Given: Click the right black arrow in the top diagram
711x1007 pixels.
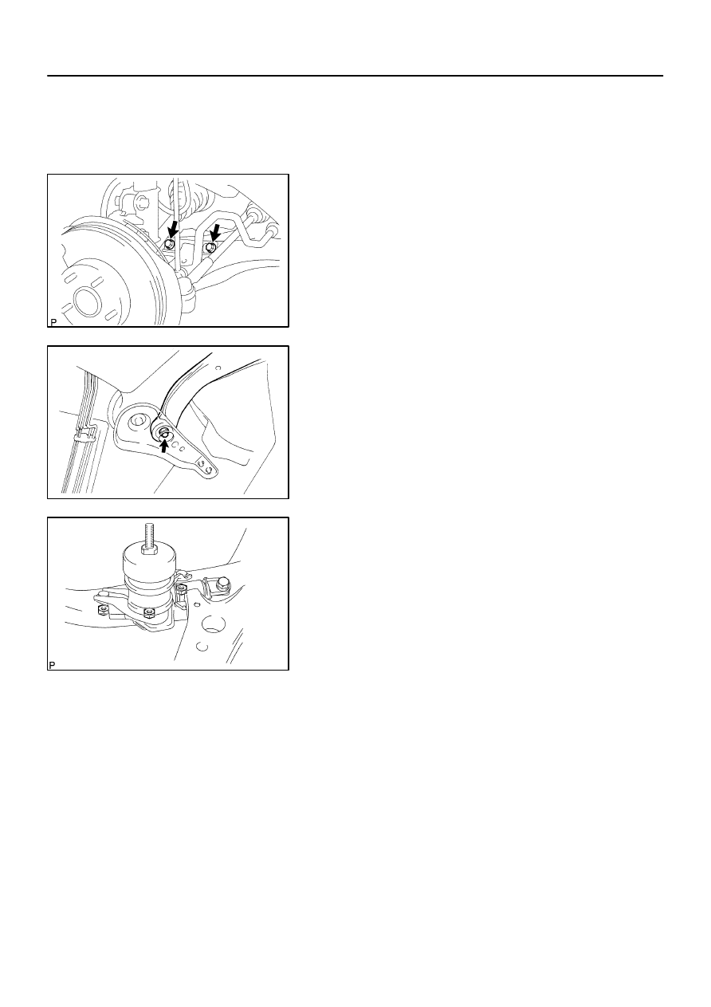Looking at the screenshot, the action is click(x=215, y=233).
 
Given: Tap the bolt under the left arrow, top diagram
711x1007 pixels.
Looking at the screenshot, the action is click(x=168, y=245).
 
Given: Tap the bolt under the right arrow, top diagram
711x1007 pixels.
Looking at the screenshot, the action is click(x=210, y=248).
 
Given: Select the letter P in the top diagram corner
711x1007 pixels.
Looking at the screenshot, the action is click(x=53, y=322).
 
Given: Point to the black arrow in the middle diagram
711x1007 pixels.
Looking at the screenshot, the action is click(x=164, y=446).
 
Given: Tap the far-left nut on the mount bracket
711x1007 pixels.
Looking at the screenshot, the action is click(x=103, y=608).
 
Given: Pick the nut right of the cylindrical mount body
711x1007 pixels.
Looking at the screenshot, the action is click(x=182, y=588).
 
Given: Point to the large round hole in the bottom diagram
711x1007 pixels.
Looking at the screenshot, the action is click(x=214, y=626).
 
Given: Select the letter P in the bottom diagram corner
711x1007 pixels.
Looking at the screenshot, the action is click(x=52, y=665).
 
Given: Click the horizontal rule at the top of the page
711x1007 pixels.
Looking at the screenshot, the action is click(x=355, y=76).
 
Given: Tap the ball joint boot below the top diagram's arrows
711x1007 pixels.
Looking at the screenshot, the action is click(x=187, y=293).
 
